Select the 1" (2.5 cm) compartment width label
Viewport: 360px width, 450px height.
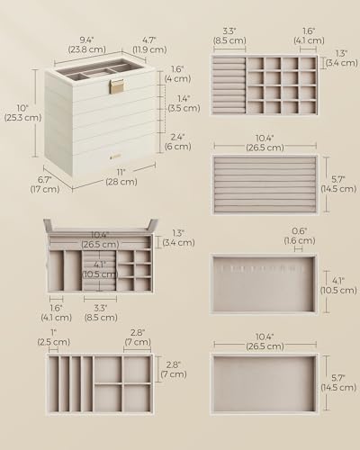click(56, 339)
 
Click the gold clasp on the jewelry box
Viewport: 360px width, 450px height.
click(116, 88)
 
